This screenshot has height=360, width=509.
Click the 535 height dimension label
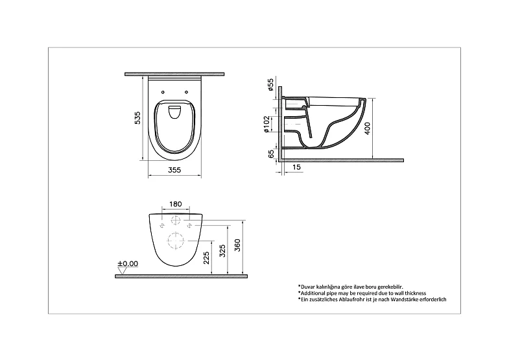click(x=137, y=119)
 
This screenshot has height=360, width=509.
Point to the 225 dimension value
click(x=206, y=260)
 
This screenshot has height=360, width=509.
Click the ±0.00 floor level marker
click(x=128, y=264)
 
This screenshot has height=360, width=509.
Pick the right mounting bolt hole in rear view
click(x=189, y=225)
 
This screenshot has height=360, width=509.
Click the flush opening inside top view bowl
click(x=174, y=114)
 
